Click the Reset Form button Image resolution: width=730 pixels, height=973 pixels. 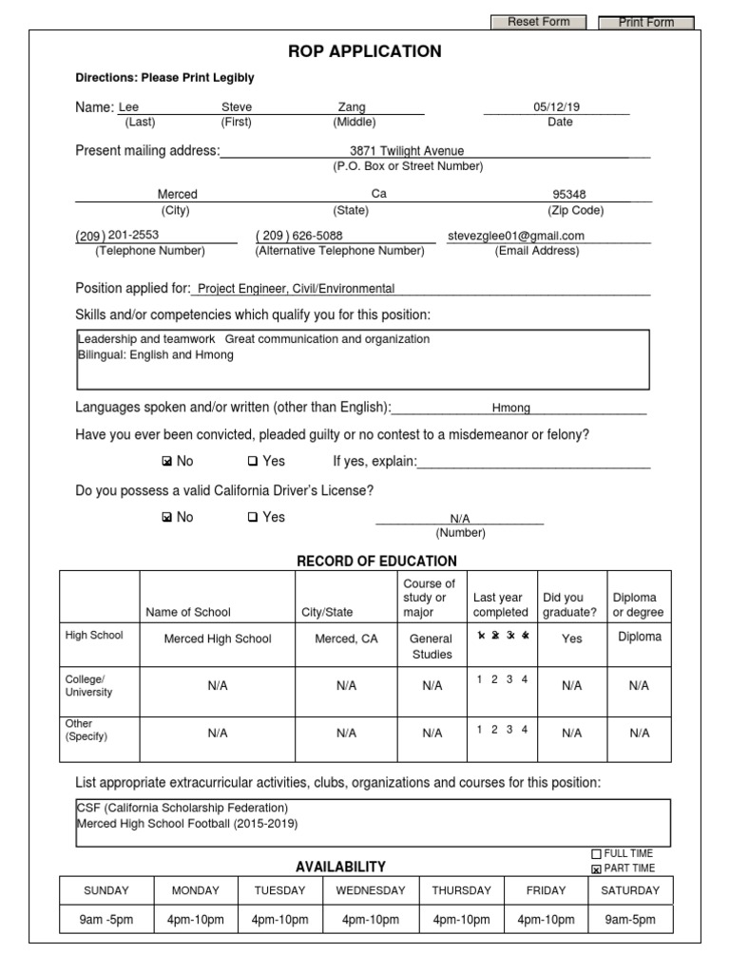(538, 22)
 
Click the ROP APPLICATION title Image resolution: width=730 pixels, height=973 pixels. (364, 51)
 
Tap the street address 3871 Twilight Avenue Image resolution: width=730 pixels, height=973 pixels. (407, 150)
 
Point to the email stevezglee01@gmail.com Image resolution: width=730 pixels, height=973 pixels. (516, 236)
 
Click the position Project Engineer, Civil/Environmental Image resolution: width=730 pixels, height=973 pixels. (296, 289)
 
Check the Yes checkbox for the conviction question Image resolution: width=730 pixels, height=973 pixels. (253, 462)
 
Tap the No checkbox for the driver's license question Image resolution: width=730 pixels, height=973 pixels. (167, 518)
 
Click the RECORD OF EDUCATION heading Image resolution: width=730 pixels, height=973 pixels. (377, 561)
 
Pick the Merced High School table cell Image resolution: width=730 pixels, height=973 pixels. (218, 639)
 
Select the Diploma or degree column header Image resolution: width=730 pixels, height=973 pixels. (639, 605)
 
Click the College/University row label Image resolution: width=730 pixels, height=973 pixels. (88, 685)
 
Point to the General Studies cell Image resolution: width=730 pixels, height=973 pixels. (431, 646)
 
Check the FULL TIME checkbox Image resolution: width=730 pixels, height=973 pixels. (596, 854)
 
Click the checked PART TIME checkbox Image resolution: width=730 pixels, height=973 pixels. (596, 868)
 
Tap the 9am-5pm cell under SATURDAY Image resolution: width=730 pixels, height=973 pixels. (629, 920)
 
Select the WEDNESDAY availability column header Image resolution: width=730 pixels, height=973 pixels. (370, 890)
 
